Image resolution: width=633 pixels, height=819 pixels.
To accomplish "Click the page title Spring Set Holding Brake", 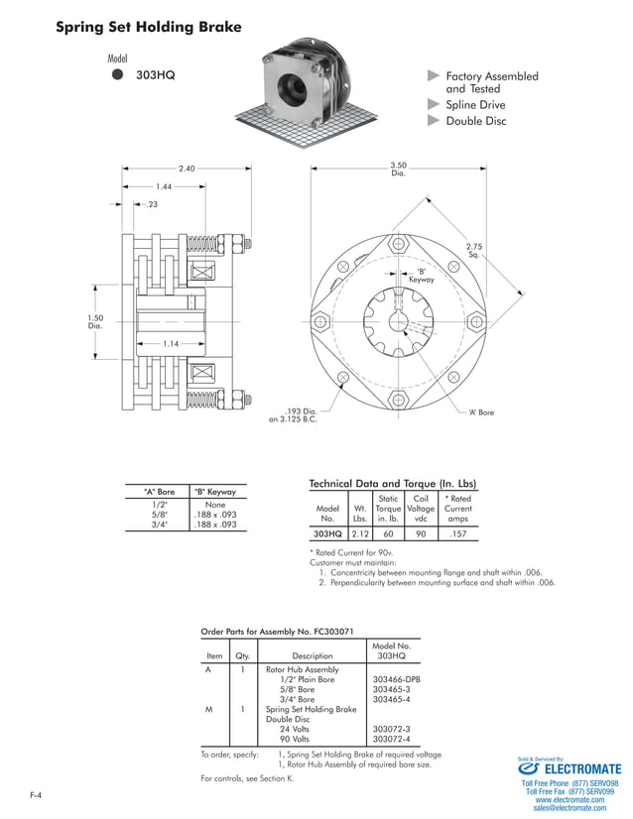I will (149, 27).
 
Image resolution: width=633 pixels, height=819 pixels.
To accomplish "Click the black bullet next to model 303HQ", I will (117, 74).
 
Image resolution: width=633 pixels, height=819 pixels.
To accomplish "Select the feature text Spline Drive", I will (475, 104).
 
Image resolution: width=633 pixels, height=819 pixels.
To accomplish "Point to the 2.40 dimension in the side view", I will (187, 169).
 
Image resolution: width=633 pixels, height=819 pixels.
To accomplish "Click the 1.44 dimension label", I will (164, 186).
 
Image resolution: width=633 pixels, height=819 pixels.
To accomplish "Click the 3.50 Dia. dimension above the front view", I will (399, 169).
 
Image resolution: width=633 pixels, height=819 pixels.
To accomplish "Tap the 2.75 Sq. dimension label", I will (474, 249).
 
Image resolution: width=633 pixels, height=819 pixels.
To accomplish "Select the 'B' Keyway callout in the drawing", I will (422, 276).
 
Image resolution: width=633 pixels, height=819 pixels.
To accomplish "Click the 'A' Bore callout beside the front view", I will (481, 411).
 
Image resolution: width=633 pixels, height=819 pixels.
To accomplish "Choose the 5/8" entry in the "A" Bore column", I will (159, 515).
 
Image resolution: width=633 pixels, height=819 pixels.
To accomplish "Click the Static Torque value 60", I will (388, 533).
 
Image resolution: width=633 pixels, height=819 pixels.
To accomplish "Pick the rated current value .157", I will (457, 533).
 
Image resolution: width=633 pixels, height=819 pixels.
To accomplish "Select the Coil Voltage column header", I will (421, 508).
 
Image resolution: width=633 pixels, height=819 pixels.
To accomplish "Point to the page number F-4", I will (36, 795).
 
